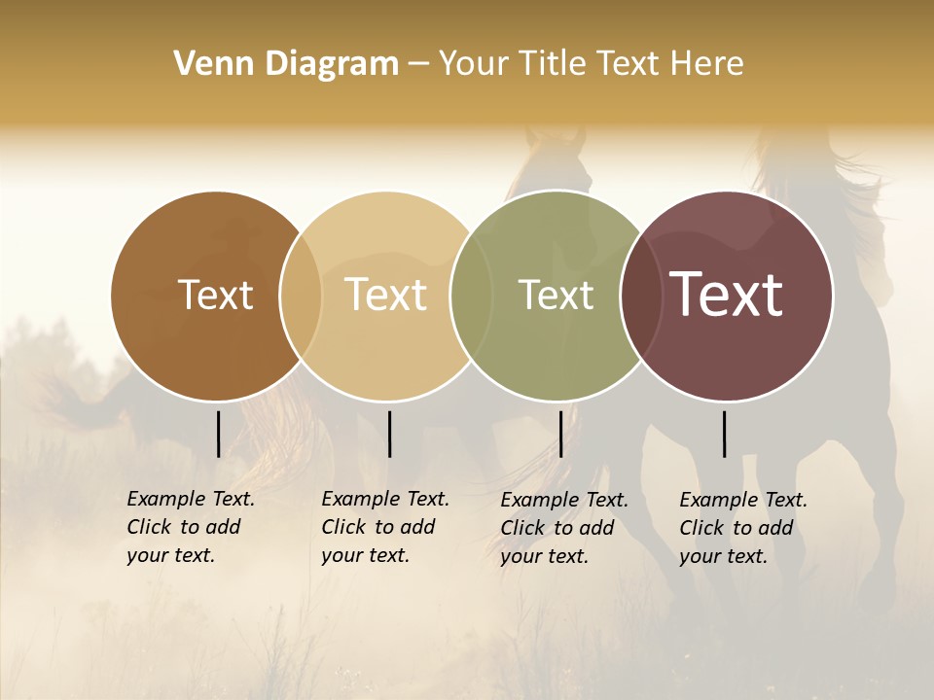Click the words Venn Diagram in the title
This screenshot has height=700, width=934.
[286, 64]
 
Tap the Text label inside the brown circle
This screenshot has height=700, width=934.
[215, 295]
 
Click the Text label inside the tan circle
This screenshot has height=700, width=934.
[385, 295]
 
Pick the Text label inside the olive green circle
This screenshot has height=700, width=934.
[556, 295]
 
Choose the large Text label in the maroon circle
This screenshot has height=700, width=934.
[727, 295]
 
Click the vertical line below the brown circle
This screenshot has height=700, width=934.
[218, 434]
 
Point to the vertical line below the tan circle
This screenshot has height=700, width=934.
[389, 434]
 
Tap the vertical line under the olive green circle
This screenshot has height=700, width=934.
[560, 434]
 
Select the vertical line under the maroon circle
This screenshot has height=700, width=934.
[724, 434]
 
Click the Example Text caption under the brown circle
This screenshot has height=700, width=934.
[191, 527]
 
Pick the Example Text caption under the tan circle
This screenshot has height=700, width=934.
[385, 527]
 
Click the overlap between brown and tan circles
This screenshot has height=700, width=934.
[302, 295]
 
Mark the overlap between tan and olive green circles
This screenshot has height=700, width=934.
[472, 295]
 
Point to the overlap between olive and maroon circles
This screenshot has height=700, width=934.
[641, 295]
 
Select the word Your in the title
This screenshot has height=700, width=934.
[471, 64]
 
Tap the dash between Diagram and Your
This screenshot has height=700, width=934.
[417, 64]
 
